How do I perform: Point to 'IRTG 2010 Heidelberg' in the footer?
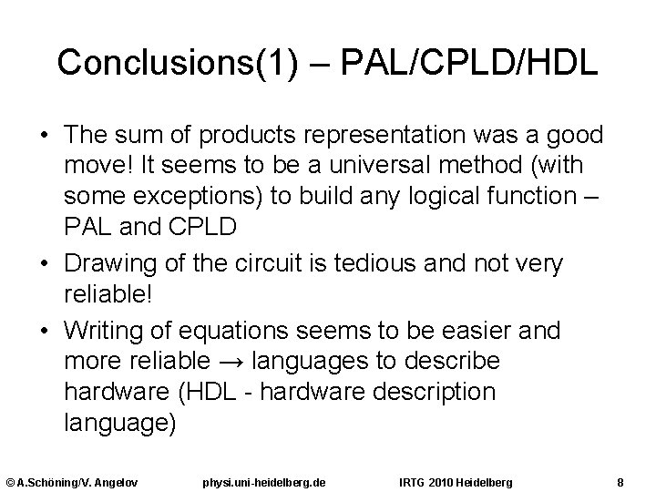456,480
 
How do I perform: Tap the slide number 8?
620,480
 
